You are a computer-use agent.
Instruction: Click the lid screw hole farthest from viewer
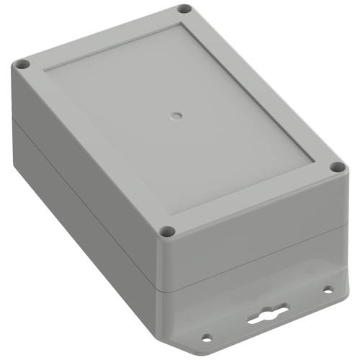[x=184, y=9]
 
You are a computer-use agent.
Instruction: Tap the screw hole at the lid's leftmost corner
[x=22, y=64]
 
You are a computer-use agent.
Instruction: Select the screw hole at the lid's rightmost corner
[x=335, y=167]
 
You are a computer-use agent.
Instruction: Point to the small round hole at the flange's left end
[x=207, y=336]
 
